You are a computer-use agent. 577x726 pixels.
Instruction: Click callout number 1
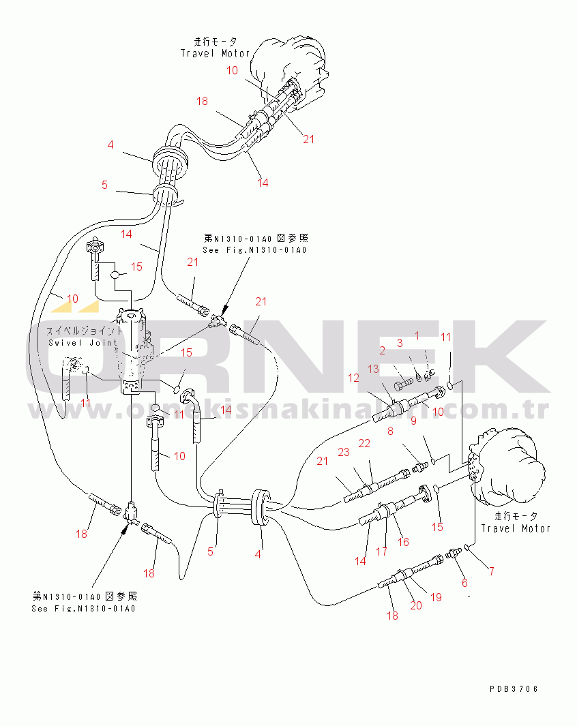pos(417,336)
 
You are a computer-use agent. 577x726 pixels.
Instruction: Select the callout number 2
pos(383,350)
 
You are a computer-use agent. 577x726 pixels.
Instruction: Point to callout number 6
pos(464,583)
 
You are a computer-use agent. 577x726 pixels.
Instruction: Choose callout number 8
pos(391,431)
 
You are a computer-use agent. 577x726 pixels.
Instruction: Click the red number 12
pos(353,378)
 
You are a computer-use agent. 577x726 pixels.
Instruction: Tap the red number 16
pos(404,542)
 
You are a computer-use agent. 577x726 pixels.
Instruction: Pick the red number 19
pos(436,597)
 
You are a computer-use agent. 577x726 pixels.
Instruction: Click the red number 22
pos(364,444)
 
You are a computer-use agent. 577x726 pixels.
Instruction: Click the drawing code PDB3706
pos(514,689)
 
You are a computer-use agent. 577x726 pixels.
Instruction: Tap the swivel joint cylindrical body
pos(134,354)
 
